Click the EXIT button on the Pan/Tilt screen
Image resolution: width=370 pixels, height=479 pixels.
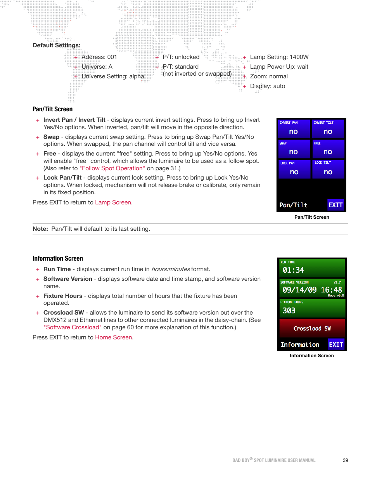coord(335,205)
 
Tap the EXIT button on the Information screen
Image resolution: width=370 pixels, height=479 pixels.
coord(336,344)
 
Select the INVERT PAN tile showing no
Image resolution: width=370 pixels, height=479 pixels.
coord(294,129)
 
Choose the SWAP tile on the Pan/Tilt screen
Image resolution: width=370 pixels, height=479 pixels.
coord(294,149)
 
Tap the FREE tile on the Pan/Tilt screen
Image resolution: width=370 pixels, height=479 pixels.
coord(328,149)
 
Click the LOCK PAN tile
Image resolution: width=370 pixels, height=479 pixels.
coord(294,169)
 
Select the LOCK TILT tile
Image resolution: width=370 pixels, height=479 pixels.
coord(328,169)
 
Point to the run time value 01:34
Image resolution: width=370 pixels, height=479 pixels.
coord(293,270)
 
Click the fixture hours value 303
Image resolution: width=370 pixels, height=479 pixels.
coord(289,311)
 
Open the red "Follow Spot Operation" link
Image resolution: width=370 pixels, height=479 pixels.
coord(112,168)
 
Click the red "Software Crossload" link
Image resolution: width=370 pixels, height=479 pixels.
coord(73,327)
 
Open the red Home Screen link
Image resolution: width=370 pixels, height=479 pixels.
coord(114,337)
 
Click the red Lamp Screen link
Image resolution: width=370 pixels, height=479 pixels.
coord(113,202)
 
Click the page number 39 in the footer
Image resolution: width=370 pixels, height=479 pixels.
coord(345,460)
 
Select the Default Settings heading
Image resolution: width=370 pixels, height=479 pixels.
coord(57,45)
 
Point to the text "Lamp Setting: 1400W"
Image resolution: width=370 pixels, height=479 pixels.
coord(279,57)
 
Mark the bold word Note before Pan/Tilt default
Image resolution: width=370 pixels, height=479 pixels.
coord(40,229)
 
